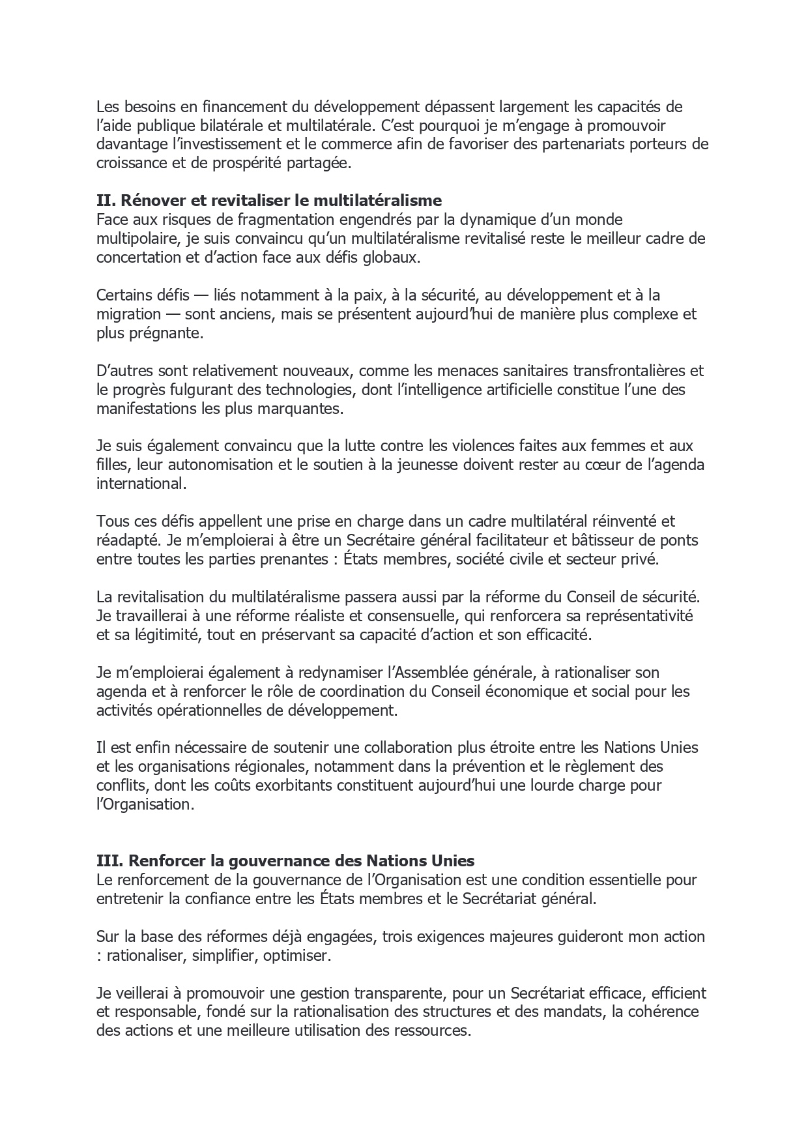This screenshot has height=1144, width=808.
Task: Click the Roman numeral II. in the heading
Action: (x=106, y=200)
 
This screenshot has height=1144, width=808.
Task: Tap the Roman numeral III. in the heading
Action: (x=108, y=860)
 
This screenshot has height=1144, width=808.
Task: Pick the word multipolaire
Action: (x=133, y=239)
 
